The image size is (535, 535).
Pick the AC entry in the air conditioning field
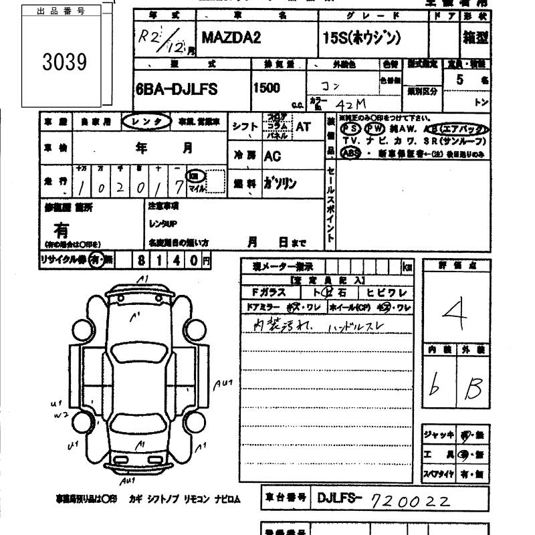[272, 156]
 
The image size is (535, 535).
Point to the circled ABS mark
[350, 152]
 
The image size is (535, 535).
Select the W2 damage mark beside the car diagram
[61, 415]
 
